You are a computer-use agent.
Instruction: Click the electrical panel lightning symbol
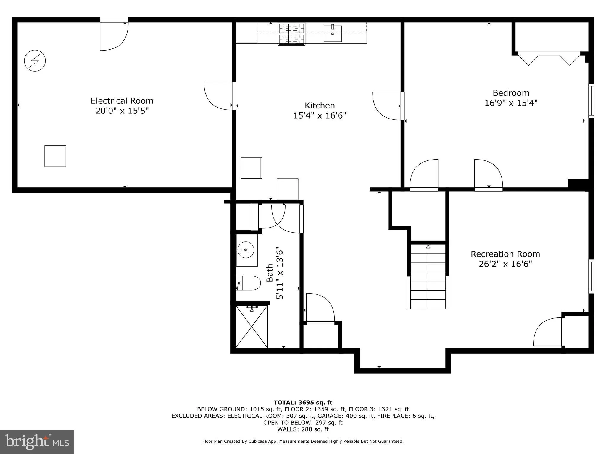click(x=35, y=61)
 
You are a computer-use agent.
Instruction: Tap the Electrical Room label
click(x=122, y=101)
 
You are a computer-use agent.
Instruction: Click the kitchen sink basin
click(x=333, y=34)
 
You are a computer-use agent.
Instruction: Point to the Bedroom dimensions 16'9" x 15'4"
click(x=511, y=103)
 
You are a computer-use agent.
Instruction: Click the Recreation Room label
click(x=505, y=254)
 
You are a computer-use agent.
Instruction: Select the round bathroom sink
click(x=246, y=250)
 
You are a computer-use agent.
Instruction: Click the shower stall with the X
click(x=252, y=327)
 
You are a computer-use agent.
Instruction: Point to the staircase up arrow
click(x=428, y=247)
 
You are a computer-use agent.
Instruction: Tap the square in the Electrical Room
click(x=55, y=156)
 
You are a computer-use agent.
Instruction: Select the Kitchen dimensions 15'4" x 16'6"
click(x=320, y=115)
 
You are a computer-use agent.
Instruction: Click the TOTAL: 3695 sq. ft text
click(x=303, y=402)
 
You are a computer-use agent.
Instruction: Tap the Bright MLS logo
click(x=37, y=442)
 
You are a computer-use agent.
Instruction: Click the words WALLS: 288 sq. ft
click(x=303, y=429)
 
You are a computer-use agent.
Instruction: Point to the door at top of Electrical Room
click(x=114, y=35)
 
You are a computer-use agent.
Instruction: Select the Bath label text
click(x=269, y=273)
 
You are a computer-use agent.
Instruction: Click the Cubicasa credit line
click(x=303, y=441)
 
